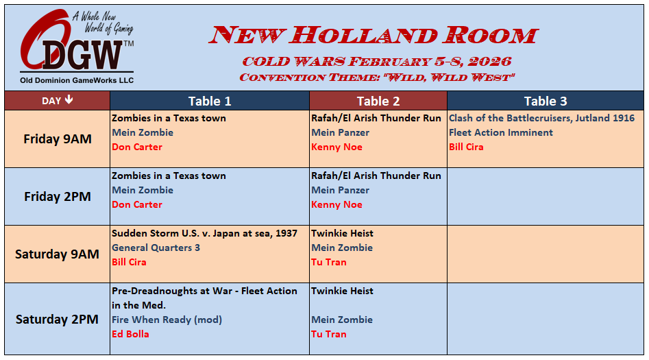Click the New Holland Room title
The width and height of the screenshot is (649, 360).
(x=374, y=35)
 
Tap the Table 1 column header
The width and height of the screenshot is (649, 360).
(x=210, y=101)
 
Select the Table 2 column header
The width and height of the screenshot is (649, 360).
(x=378, y=101)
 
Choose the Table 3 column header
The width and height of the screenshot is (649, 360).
(x=546, y=101)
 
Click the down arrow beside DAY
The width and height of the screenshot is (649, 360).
(x=69, y=100)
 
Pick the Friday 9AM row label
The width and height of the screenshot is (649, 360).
(x=58, y=139)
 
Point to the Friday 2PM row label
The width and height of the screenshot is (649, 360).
(x=58, y=196)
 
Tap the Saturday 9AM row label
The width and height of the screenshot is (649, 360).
(x=57, y=254)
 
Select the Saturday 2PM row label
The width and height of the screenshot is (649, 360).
(x=57, y=320)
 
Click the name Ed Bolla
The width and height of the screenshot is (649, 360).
(x=130, y=334)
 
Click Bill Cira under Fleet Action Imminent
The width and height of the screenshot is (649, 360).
(x=466, y=147)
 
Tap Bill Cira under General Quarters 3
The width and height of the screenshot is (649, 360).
(x=129, y=262)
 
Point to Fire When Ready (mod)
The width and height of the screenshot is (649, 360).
(x=167, y=320)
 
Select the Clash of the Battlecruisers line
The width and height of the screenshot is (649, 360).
(x=542, y=118)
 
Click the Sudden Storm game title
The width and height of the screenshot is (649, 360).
(x=204, y=233)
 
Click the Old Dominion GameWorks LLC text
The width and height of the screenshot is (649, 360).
(x=77, y=80)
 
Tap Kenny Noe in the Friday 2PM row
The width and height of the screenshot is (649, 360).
(x=337, y=204)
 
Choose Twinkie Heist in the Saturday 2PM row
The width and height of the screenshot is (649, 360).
(x=342, y=291)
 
